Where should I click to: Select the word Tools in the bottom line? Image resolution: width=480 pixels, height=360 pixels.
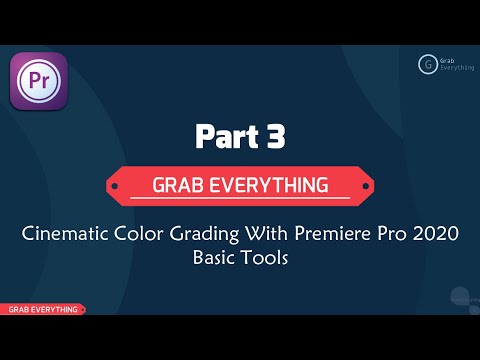click(267, 260)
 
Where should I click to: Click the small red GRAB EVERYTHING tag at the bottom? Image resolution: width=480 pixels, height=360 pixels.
click(42, 310)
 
